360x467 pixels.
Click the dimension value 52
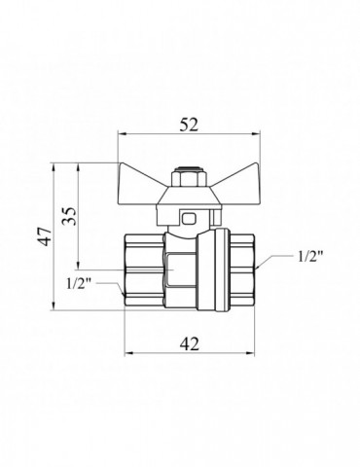pos(189,125)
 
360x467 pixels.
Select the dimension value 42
pos(190,343)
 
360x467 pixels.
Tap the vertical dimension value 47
pos(44,236)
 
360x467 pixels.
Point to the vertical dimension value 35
pos(69,216)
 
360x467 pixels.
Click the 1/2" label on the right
pos(309,257)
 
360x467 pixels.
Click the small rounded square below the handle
pos(190,219)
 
